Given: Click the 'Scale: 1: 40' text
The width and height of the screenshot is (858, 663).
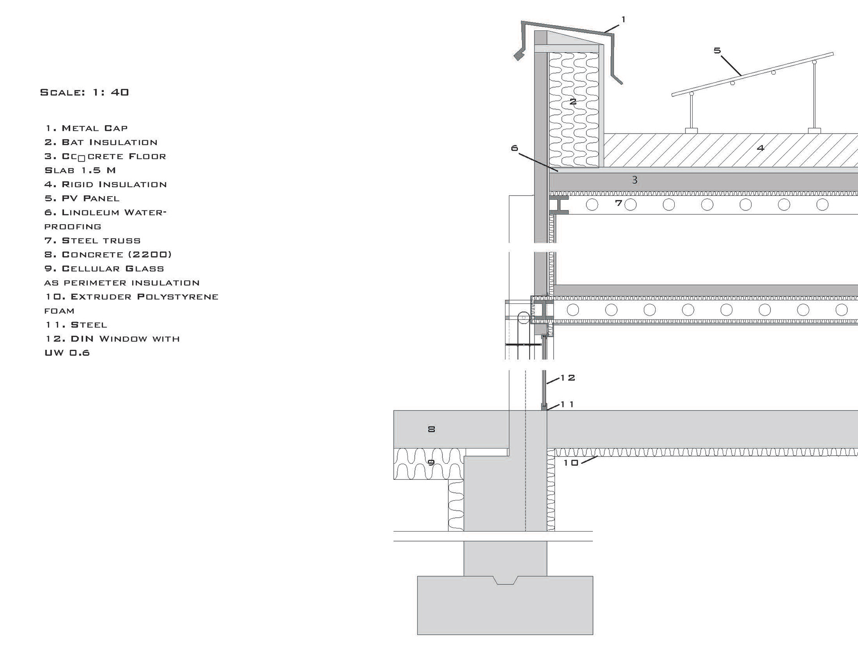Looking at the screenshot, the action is pos(84,92).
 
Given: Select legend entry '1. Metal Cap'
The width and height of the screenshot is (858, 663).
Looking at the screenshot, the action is pos(86,128).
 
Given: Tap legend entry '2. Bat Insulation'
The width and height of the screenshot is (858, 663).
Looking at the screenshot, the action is pos(101,143).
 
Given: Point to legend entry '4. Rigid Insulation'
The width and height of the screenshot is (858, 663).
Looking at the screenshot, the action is pos(105,185).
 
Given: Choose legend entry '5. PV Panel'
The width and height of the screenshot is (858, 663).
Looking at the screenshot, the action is pos(82,198).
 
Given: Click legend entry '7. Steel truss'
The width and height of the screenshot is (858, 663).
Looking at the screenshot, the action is pos(93,241).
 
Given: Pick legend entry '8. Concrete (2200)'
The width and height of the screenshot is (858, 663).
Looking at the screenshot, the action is pos(108,255).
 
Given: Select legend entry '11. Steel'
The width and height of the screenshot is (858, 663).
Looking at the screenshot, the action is pos(76,325).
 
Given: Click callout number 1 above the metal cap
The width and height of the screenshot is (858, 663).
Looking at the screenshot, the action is pos(623,20).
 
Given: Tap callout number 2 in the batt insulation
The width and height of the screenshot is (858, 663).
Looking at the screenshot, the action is pos(573,102).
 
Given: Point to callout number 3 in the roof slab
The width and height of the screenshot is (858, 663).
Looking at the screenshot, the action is pos(635,180).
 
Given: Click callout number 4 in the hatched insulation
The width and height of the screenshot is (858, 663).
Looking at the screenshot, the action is pos(761,148).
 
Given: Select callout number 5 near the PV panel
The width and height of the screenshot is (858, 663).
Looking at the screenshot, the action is pos(717,51).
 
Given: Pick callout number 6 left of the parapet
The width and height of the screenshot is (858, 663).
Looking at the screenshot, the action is pos(514,148).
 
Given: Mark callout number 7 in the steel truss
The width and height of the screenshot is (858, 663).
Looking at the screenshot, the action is pos(618,203).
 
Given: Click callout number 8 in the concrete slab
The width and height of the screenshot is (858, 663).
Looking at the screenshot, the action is pos(431,429).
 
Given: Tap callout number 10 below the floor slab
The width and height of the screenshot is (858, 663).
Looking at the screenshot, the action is pos(571,463).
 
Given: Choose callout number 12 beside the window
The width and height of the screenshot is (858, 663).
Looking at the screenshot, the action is pos(568,378).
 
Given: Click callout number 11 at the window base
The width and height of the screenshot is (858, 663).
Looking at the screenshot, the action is pos(567,404).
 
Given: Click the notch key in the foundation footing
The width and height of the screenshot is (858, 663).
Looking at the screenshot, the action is pos(505,580).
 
